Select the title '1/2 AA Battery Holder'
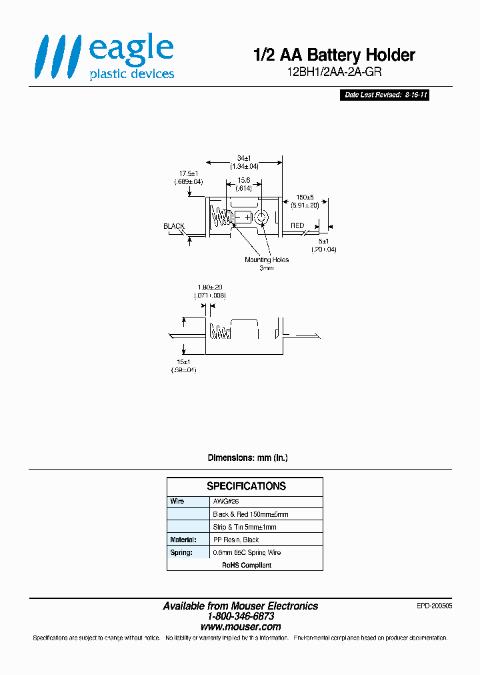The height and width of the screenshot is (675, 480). pos(334,55)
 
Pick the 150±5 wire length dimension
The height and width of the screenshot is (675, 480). pos(304,197)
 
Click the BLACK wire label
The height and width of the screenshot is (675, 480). pos(174,227)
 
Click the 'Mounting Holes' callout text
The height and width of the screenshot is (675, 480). pos(267,259)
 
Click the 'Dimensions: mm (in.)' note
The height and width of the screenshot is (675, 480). pos(247,458)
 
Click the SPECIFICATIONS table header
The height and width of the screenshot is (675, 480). pos(245,486)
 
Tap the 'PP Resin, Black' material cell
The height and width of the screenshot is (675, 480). pos(235,540)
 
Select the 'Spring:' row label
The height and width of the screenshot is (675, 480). pos(181,552)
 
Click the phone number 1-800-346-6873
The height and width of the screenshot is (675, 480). pos(241,616)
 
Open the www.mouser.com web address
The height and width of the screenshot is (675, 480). pos(241,627)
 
